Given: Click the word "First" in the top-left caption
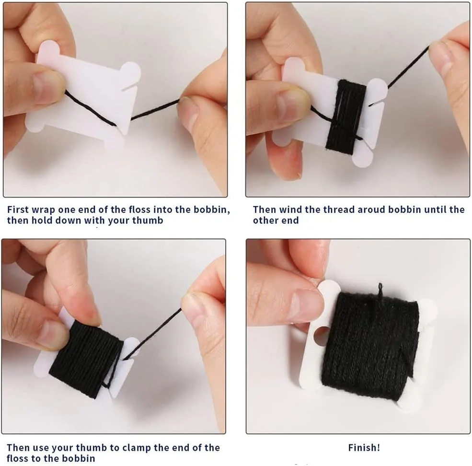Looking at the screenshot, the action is pos(18,210).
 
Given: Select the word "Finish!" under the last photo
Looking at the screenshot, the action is pos(364,448).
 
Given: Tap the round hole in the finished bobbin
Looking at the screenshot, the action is pos(321,336).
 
